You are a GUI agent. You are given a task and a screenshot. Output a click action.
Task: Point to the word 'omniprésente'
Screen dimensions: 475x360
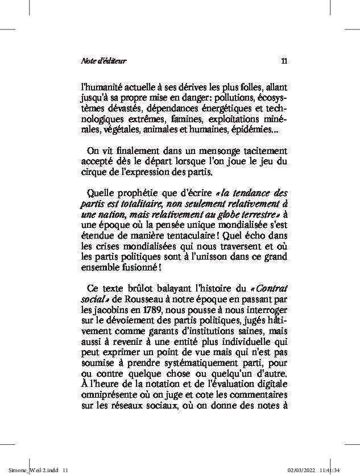(x=109, y=397)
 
